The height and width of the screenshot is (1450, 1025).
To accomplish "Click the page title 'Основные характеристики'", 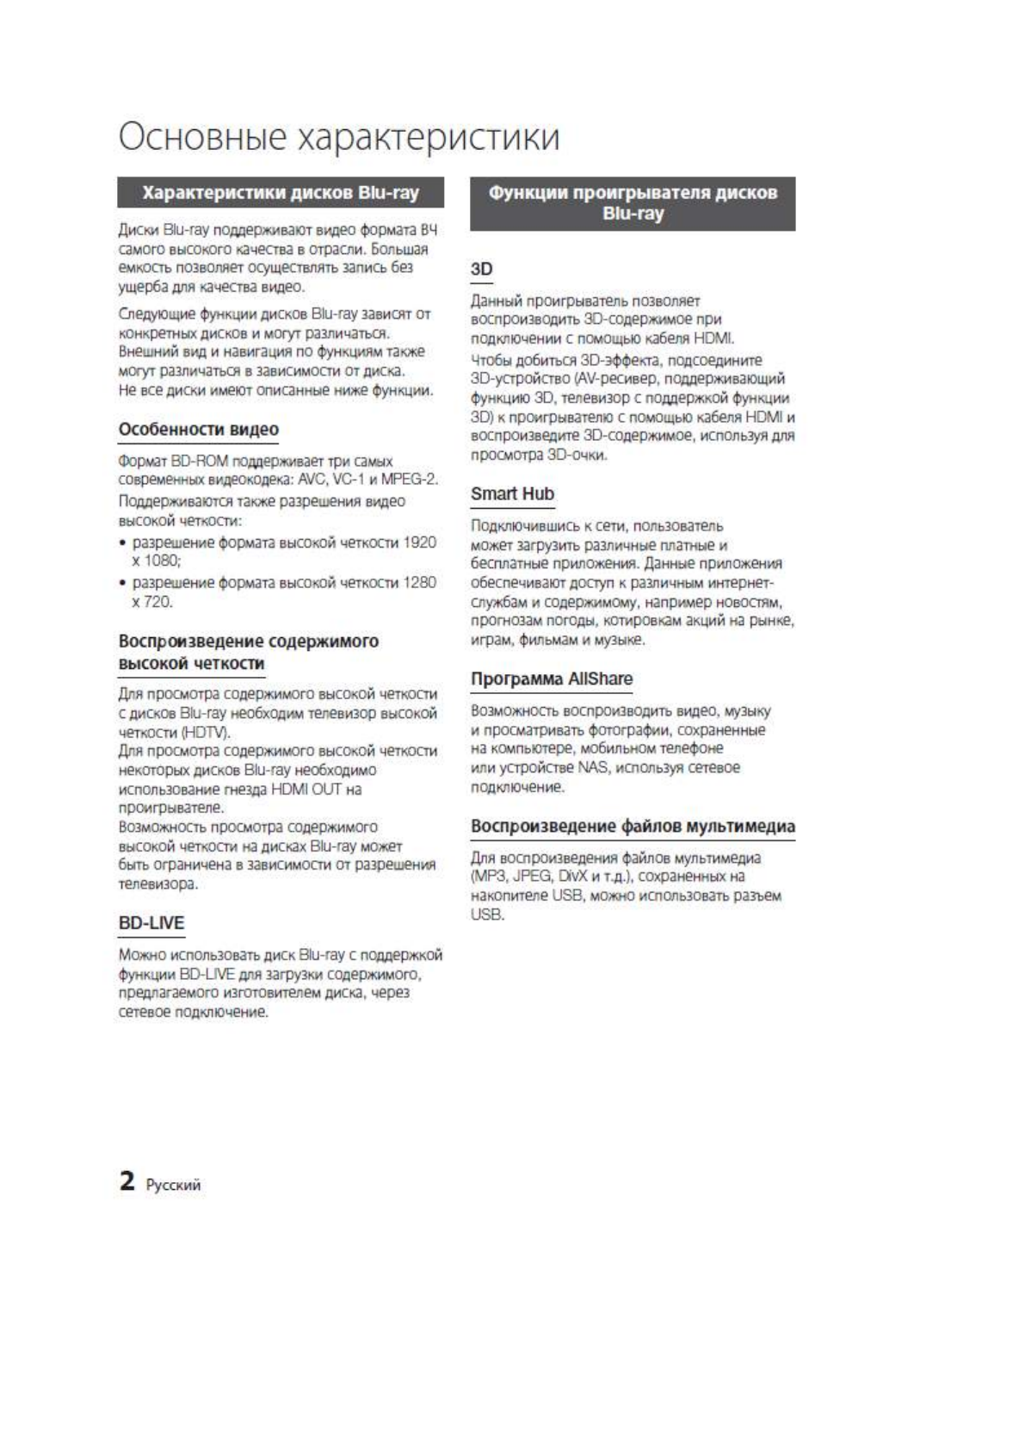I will [x=339, y=138].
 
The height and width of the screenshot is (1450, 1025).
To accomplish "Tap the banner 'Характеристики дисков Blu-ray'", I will [x=281, y=193].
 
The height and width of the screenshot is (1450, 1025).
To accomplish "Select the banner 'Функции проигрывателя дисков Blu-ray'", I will [x=633, y=203].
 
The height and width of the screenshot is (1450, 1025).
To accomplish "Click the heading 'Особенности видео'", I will [x=199, y=430].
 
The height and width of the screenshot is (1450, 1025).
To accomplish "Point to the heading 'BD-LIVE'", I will [x=151, y=923].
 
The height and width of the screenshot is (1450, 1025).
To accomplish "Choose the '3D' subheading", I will [x=482, y=270].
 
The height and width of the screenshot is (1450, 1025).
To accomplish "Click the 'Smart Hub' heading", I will [x=512, y=494].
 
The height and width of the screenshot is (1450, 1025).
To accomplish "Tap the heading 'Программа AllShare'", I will [x=552, y=679].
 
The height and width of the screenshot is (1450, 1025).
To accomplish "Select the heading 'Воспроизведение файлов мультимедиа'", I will [x=633, y=827].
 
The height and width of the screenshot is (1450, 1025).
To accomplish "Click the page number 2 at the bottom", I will [x=127, y=1180].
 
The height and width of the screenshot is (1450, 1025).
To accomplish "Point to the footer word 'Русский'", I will [x=174, y=1186].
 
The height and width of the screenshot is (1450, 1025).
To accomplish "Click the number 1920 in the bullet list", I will [x=420, y=542].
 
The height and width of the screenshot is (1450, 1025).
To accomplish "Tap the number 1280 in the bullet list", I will [x=420, y=583].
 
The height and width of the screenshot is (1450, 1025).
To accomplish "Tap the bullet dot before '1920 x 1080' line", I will [x=124, y=543].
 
